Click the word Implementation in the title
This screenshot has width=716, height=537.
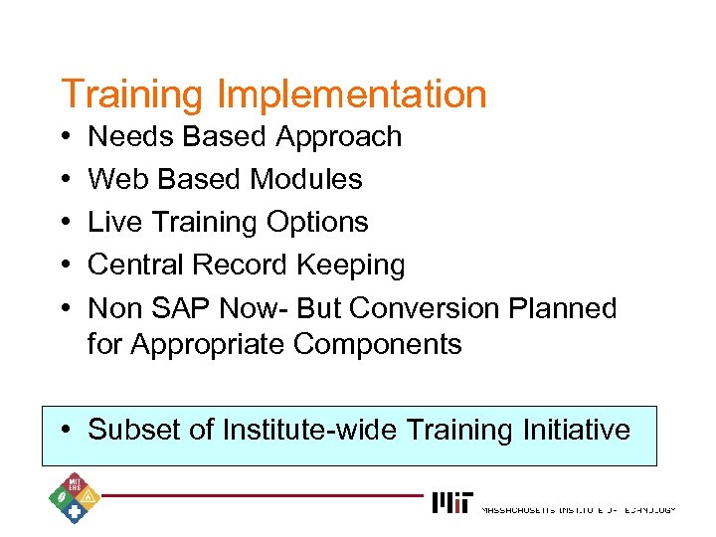pyautogui.click(x=351, y=94)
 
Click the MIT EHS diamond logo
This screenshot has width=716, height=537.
pyautogui.click(x=72, y=496)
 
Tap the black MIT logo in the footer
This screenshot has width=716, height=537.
pyautogui.click(x=452, y=502)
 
